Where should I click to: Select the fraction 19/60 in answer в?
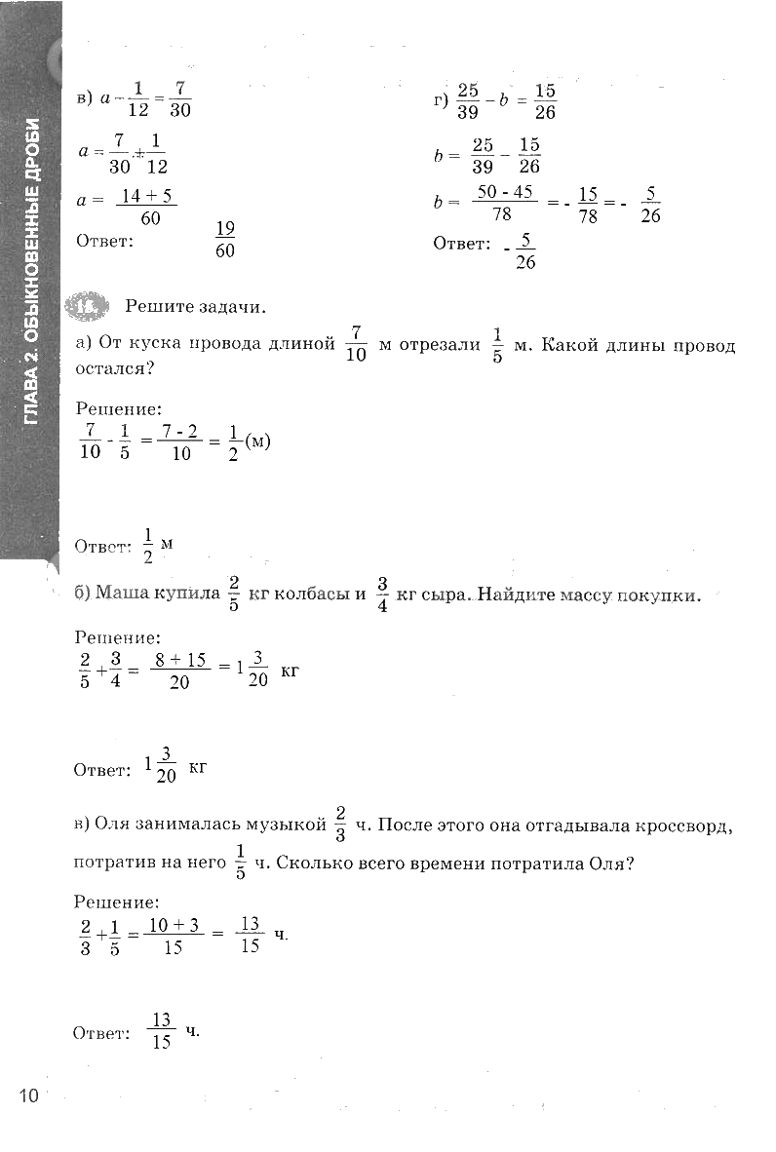click(x=225, y=239)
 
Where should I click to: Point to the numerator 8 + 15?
click(x=181, y=660)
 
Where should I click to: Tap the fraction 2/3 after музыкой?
click(x=340, y=825)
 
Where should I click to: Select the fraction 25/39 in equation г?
click(x=467, y=99)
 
